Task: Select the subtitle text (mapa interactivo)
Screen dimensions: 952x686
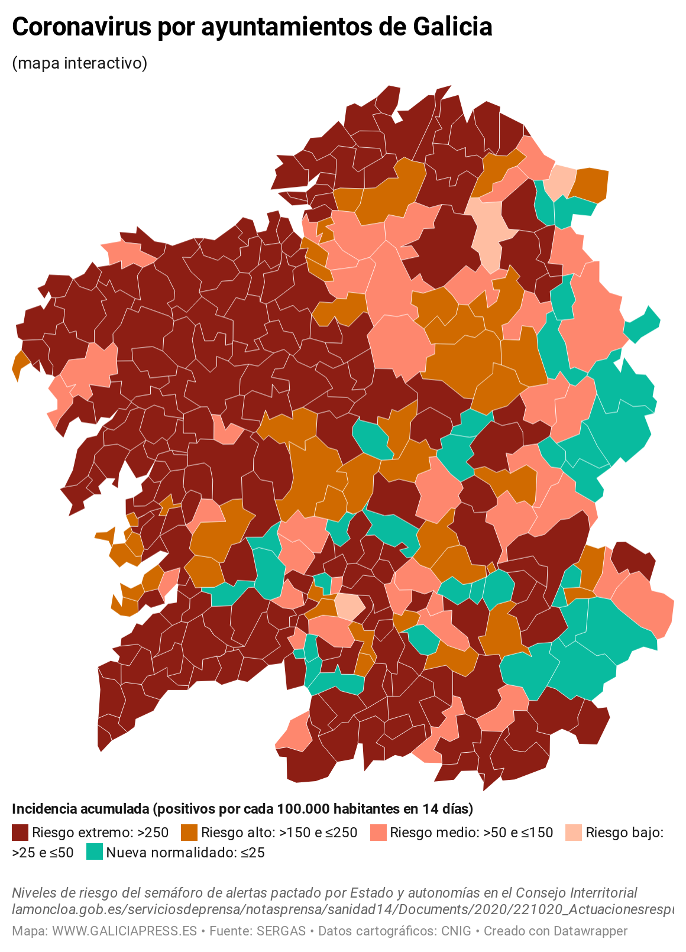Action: pyautogui.click(x=79, y=63)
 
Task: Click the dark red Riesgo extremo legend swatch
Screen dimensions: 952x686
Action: pyautogui.click(x=20, y=833)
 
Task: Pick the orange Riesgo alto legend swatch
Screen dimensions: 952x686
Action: pyautogui.click(x=189, y=833)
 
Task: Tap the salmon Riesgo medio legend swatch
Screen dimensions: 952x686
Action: pyautogui.click(x=378, y=833)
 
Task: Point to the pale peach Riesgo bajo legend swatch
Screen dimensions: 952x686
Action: pyautogui.click(x=574, y=833)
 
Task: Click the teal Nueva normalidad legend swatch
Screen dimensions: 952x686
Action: pyautogui.click(x=95, y=852)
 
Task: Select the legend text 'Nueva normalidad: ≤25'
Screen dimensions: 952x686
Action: pyautogui.click(x=185, y=852)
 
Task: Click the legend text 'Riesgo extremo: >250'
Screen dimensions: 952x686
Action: pyautogui.click(x=101, y=833)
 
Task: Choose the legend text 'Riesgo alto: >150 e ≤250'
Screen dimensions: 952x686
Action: pyautogui.click(x=279, y=833)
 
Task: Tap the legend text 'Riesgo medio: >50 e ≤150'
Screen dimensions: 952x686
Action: pyautogui.click(x=471, y=833)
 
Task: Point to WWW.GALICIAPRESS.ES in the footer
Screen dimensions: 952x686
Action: pyautogui.click(x=124, y=931)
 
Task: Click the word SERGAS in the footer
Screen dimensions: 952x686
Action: pyautogui.click(x=281, y=931)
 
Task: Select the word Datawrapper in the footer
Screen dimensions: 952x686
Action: pyautogui.click(x=590, y=931)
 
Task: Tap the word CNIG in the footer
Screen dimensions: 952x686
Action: pyautogui.click(x=456, y=931)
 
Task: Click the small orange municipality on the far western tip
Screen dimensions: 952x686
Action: pyautogui.click(x=20, y=362)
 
